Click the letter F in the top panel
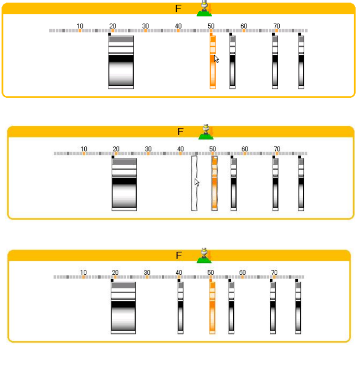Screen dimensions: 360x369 (x=179, y=9)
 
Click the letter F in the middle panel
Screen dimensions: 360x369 (x=180, y=132)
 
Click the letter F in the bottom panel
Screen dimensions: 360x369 (x=179, y=256)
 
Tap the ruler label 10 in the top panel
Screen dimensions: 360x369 (x=80, y=26)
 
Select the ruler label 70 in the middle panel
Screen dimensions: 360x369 (x=277, y=149)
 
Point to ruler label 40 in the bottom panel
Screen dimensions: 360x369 (x=179, y=272)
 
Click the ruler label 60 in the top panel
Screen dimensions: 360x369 (x=244, y=26)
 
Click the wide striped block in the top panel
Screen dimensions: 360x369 (x=121, y=62)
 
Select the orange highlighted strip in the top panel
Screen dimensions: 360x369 (x=213, y=62)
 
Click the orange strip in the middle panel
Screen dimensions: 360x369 (x=215, y=184)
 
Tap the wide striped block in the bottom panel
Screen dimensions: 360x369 (x=123, y=308)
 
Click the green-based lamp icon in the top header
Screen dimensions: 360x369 (x=204, y=8)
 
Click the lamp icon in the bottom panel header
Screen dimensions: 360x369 (x=204, y=256)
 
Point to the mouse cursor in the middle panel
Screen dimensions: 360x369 (x=197, y=183)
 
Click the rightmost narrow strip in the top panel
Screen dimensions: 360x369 (x=301, y=62)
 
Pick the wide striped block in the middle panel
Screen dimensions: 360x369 (x=124, y=184)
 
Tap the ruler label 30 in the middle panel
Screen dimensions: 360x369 (x=148, y=149)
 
